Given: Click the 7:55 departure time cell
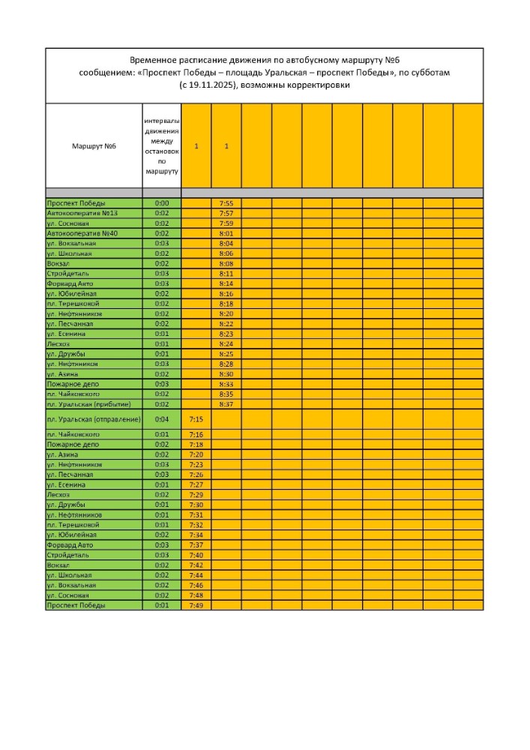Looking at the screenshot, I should [x=226, y=203].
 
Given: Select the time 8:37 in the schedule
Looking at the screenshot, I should [x=226, y=404].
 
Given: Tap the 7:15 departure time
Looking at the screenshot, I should [x=196, y=419].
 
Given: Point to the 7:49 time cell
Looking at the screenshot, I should [x=196, y=605].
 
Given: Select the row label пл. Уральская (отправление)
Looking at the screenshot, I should [x=94, y=419].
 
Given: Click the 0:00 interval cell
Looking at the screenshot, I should [x=162, y=203].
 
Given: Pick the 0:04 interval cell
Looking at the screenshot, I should [x=162, y=419].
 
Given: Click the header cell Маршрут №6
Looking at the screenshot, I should [x=94, y=145].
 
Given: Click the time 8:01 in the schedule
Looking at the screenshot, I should [x=226, y=233].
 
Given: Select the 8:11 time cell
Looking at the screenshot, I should [x=226, y=274].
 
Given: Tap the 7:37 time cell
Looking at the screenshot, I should [x=196, y=545].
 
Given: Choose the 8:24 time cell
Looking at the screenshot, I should [x=226, y=344].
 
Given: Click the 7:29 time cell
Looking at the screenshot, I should [x=196, y=495].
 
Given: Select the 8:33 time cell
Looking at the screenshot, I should [x=226, y=384].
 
